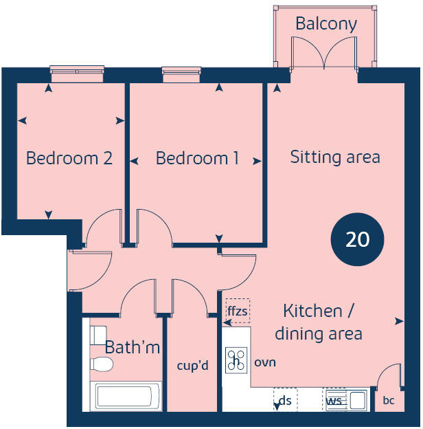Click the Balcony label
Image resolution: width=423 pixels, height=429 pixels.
326,24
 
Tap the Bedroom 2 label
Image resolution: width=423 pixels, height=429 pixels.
69,158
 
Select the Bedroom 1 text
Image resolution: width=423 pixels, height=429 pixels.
197,158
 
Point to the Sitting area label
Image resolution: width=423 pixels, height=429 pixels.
334,157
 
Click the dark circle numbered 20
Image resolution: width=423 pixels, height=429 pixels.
357,239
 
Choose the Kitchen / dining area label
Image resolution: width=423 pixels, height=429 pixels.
318,322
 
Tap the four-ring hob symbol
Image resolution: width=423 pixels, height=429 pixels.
236,362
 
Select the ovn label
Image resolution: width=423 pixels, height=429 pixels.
265,362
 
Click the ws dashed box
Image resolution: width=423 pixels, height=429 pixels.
335,399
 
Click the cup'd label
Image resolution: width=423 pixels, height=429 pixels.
192,365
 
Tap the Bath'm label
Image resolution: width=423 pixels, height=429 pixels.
132,348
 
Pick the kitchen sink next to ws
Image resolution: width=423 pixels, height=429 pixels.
358,399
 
